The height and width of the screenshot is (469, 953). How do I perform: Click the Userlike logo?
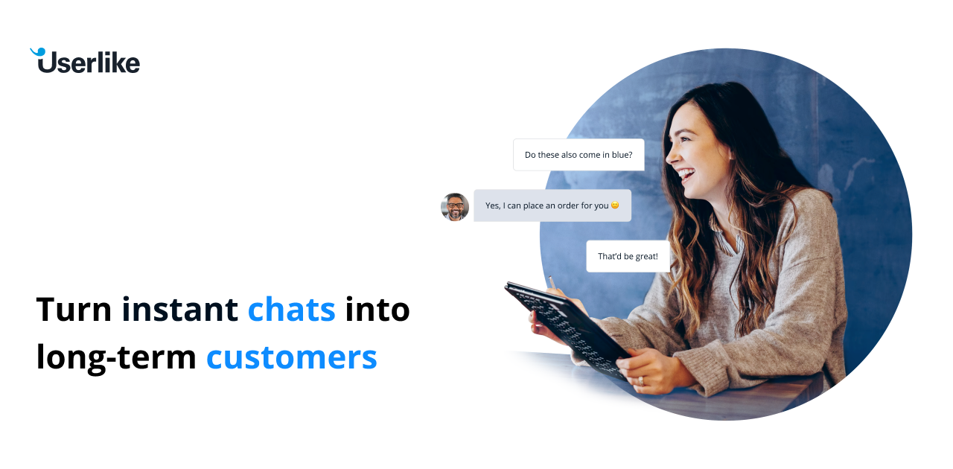click(85, 61)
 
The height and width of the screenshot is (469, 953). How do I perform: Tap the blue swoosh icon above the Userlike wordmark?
click(37, 52)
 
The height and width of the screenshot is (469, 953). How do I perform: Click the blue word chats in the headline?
click(291, 309)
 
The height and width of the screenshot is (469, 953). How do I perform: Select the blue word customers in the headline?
click(291, 357)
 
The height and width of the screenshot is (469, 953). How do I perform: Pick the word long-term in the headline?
click(115, 357)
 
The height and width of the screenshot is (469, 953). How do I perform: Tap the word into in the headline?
click(377, 309)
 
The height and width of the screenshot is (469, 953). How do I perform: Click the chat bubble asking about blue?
click(579, 155)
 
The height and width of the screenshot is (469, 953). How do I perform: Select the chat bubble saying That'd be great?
click(628, 256)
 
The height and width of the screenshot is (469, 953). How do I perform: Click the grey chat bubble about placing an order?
click(552, 205)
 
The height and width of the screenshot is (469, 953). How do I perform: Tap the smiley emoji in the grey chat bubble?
click(615, 205)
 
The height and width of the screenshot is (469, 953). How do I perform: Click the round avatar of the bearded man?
click(454, 207)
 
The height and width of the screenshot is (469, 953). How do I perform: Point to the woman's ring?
click(640, 380)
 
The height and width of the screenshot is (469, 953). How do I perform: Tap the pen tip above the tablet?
click(550, 279)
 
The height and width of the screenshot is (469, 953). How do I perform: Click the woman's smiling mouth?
click(685, 176)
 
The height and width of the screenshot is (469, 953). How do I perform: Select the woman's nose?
click(669, 156)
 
